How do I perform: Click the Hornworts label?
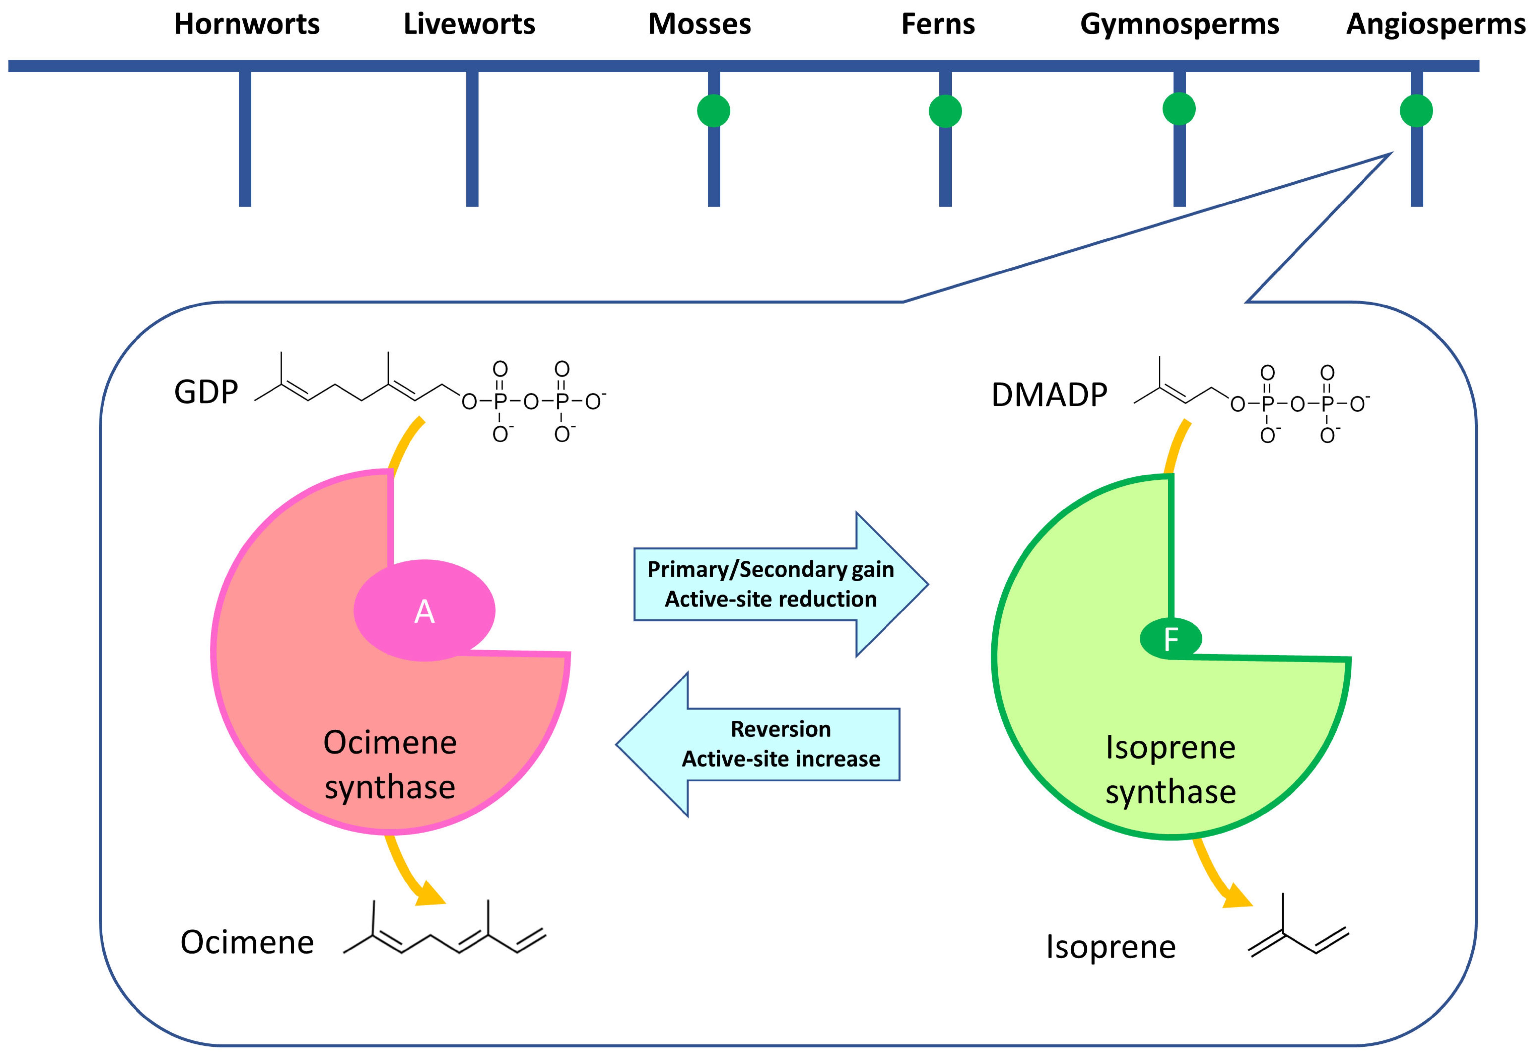247,24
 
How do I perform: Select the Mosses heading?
700,24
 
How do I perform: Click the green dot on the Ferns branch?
945,111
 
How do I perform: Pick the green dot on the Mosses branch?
714,111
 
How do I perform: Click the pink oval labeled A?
424,611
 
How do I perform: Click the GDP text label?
206,392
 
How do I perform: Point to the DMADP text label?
1049,395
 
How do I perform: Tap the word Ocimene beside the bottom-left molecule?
247,943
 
